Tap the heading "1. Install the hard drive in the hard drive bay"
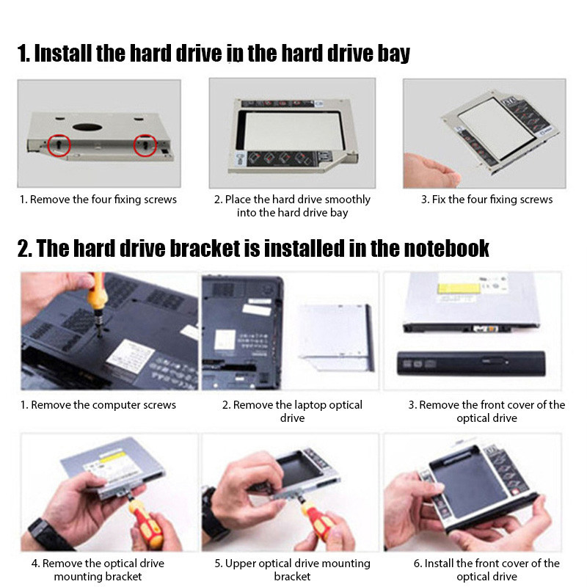214,54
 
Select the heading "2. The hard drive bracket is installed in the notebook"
253,248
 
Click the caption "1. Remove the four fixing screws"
98,200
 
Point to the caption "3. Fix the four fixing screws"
486,200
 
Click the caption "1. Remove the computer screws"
98,405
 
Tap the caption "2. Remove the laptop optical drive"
292,411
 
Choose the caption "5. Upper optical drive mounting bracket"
292,570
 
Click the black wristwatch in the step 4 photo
45,533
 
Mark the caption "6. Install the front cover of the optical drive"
487,570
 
